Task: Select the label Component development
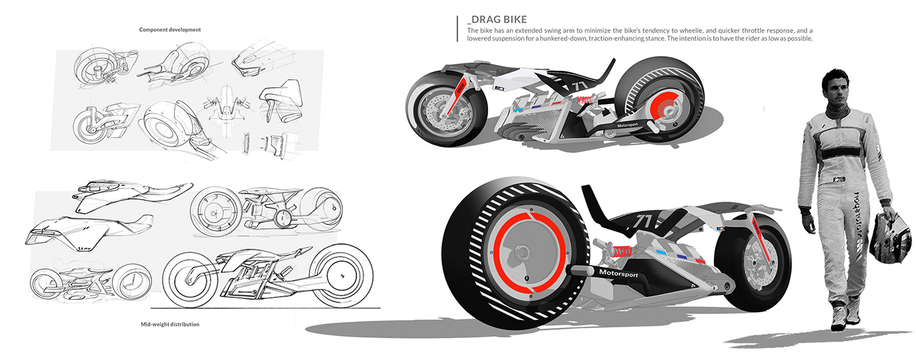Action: tap(170, 29)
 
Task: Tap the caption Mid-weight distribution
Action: tap(169, 324)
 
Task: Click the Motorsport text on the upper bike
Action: tap(631, 124)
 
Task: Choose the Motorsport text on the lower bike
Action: tap(618, 272)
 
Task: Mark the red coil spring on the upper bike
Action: tap(587, 101)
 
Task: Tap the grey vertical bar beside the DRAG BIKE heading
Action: tap(457, 27)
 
